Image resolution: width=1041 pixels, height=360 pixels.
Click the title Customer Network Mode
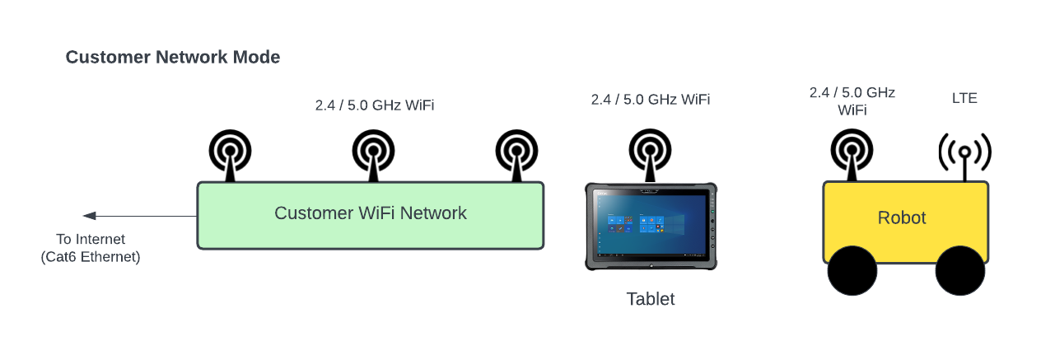(x=173, y=58)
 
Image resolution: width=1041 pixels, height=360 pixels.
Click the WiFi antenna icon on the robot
(x=852, y=152)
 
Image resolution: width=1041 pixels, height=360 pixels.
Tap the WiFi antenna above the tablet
(x=651, y=152)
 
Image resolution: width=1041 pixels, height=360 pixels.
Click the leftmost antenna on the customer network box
(x=229, y=152)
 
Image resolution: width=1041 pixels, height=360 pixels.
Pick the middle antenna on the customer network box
(x=372, y=152)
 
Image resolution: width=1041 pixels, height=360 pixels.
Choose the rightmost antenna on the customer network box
(x=516, y=152)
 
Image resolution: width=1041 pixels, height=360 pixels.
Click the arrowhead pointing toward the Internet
(x=90, y=216)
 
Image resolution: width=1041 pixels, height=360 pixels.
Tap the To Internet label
(x=91, y=240)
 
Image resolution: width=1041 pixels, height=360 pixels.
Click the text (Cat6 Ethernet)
(x=91, y=257)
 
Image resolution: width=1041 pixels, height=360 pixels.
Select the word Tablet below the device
(x=651, y=299)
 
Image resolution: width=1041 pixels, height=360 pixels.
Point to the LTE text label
(x=964, y=98)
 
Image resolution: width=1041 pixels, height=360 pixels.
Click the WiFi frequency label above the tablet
(x=651, y=100)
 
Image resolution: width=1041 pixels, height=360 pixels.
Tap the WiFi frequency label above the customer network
(x=375, y=105)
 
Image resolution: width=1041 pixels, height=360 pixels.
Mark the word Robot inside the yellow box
(x=902, y=218)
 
